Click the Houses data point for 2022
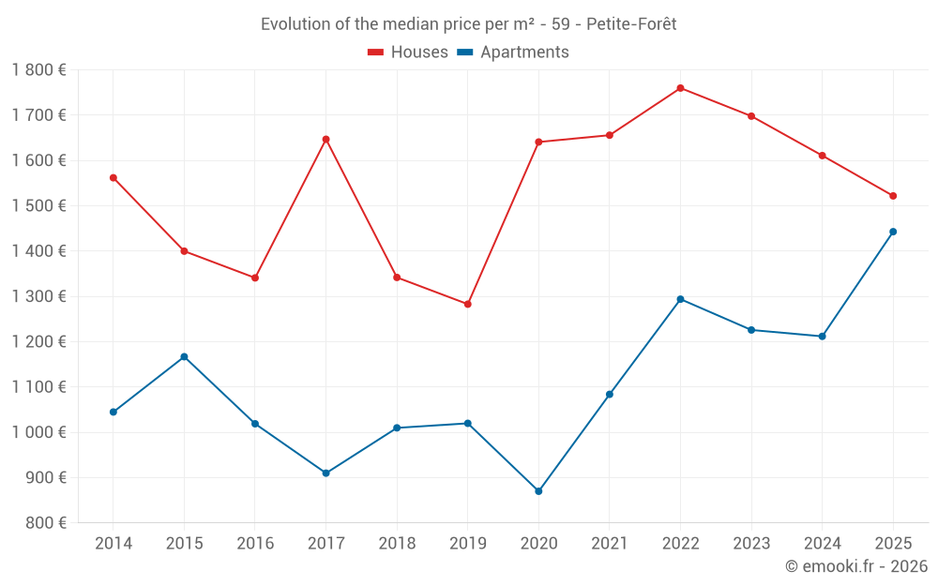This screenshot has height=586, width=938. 680,88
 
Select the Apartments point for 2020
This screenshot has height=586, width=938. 538,491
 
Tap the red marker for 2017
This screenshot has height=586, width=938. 325,140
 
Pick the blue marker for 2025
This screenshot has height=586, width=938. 893,232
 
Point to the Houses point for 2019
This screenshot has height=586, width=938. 467,304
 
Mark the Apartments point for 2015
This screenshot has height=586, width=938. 184,356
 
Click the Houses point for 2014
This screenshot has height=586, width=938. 113,177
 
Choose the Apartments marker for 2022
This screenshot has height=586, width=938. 680,299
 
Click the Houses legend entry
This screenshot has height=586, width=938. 408,53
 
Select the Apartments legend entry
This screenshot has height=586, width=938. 513,53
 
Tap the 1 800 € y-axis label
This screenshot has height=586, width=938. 39,70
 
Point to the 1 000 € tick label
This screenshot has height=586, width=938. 39,432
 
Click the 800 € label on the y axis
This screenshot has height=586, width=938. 44,523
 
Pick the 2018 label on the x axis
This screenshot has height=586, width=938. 397,544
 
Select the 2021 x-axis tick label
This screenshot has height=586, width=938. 610,544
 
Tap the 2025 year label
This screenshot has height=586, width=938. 893,544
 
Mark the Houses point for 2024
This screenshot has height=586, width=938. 822,156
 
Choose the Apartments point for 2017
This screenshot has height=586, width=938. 325,473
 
